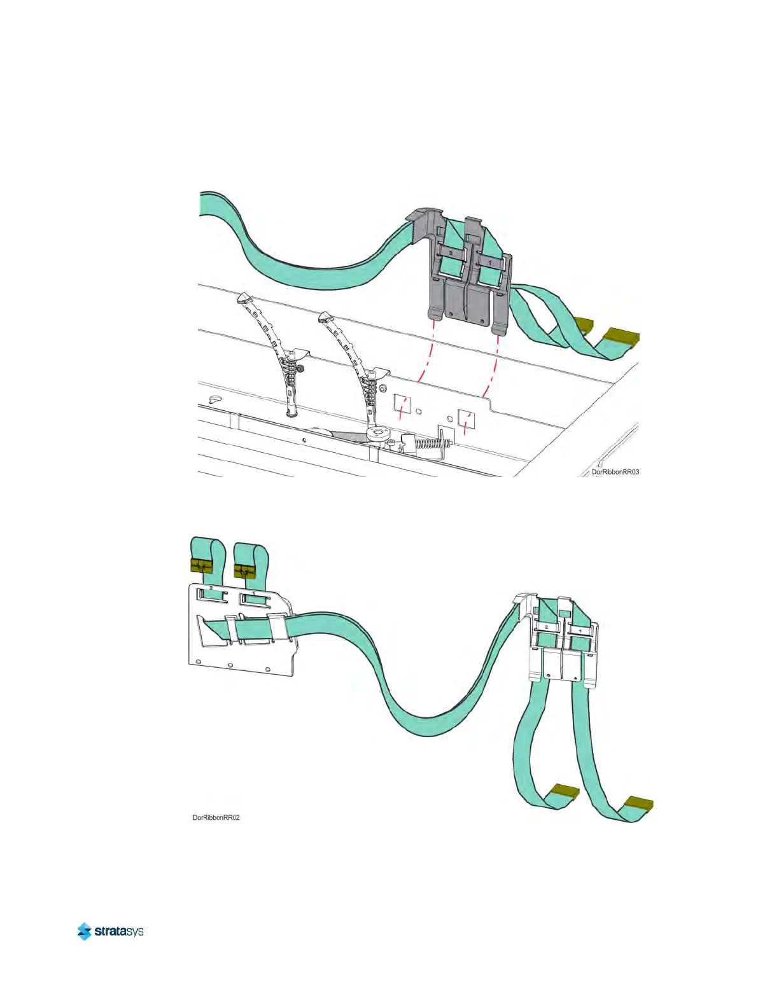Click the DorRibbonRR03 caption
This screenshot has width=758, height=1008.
click(615, 472)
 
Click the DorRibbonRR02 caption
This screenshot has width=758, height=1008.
click(216, 817)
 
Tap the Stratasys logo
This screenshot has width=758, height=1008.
click(110, 931)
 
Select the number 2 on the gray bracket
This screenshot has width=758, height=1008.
click(451, 253)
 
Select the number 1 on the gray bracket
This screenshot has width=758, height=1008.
click(489, 262)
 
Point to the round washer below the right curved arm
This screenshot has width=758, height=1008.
click(379, 433)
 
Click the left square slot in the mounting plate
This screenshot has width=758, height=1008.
click(402, 403)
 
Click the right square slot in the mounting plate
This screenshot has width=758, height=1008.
click(467, 420)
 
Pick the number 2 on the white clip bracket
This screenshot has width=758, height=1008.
click(546, 627)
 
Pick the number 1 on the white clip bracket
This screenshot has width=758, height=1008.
click(579, 632)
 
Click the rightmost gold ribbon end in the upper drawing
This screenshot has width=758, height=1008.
click(621, 336)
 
